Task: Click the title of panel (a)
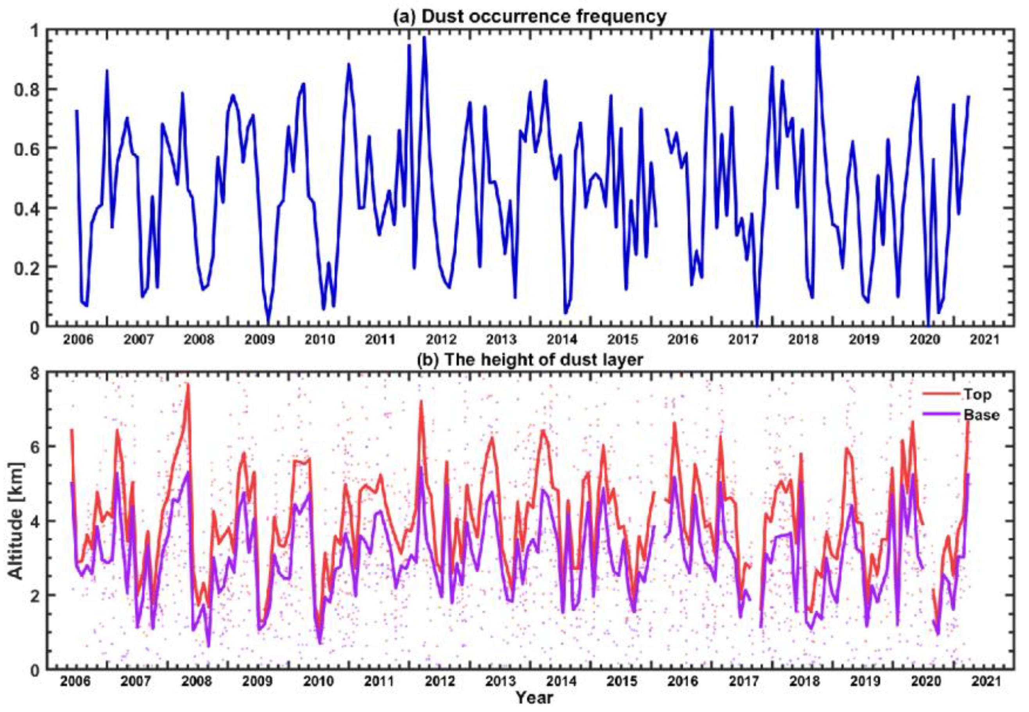pyautogui.click(x=530, y=17)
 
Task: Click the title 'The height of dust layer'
pyautogui.click(x=530, y=359)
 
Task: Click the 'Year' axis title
pyautogui.click(x=534, y=697)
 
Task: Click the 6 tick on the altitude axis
pyautogui.click(x=35, y=447)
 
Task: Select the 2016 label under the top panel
pyautogui.click(x=682, y=340)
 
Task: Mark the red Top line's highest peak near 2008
pyautogui.click(x=188, y=385)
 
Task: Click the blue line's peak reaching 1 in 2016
pyautogui.click(x=712, y=31)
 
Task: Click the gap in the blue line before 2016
pyautogui.click(x=661, y=179)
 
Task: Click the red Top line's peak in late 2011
pyautogui.click(x=420, y=401)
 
